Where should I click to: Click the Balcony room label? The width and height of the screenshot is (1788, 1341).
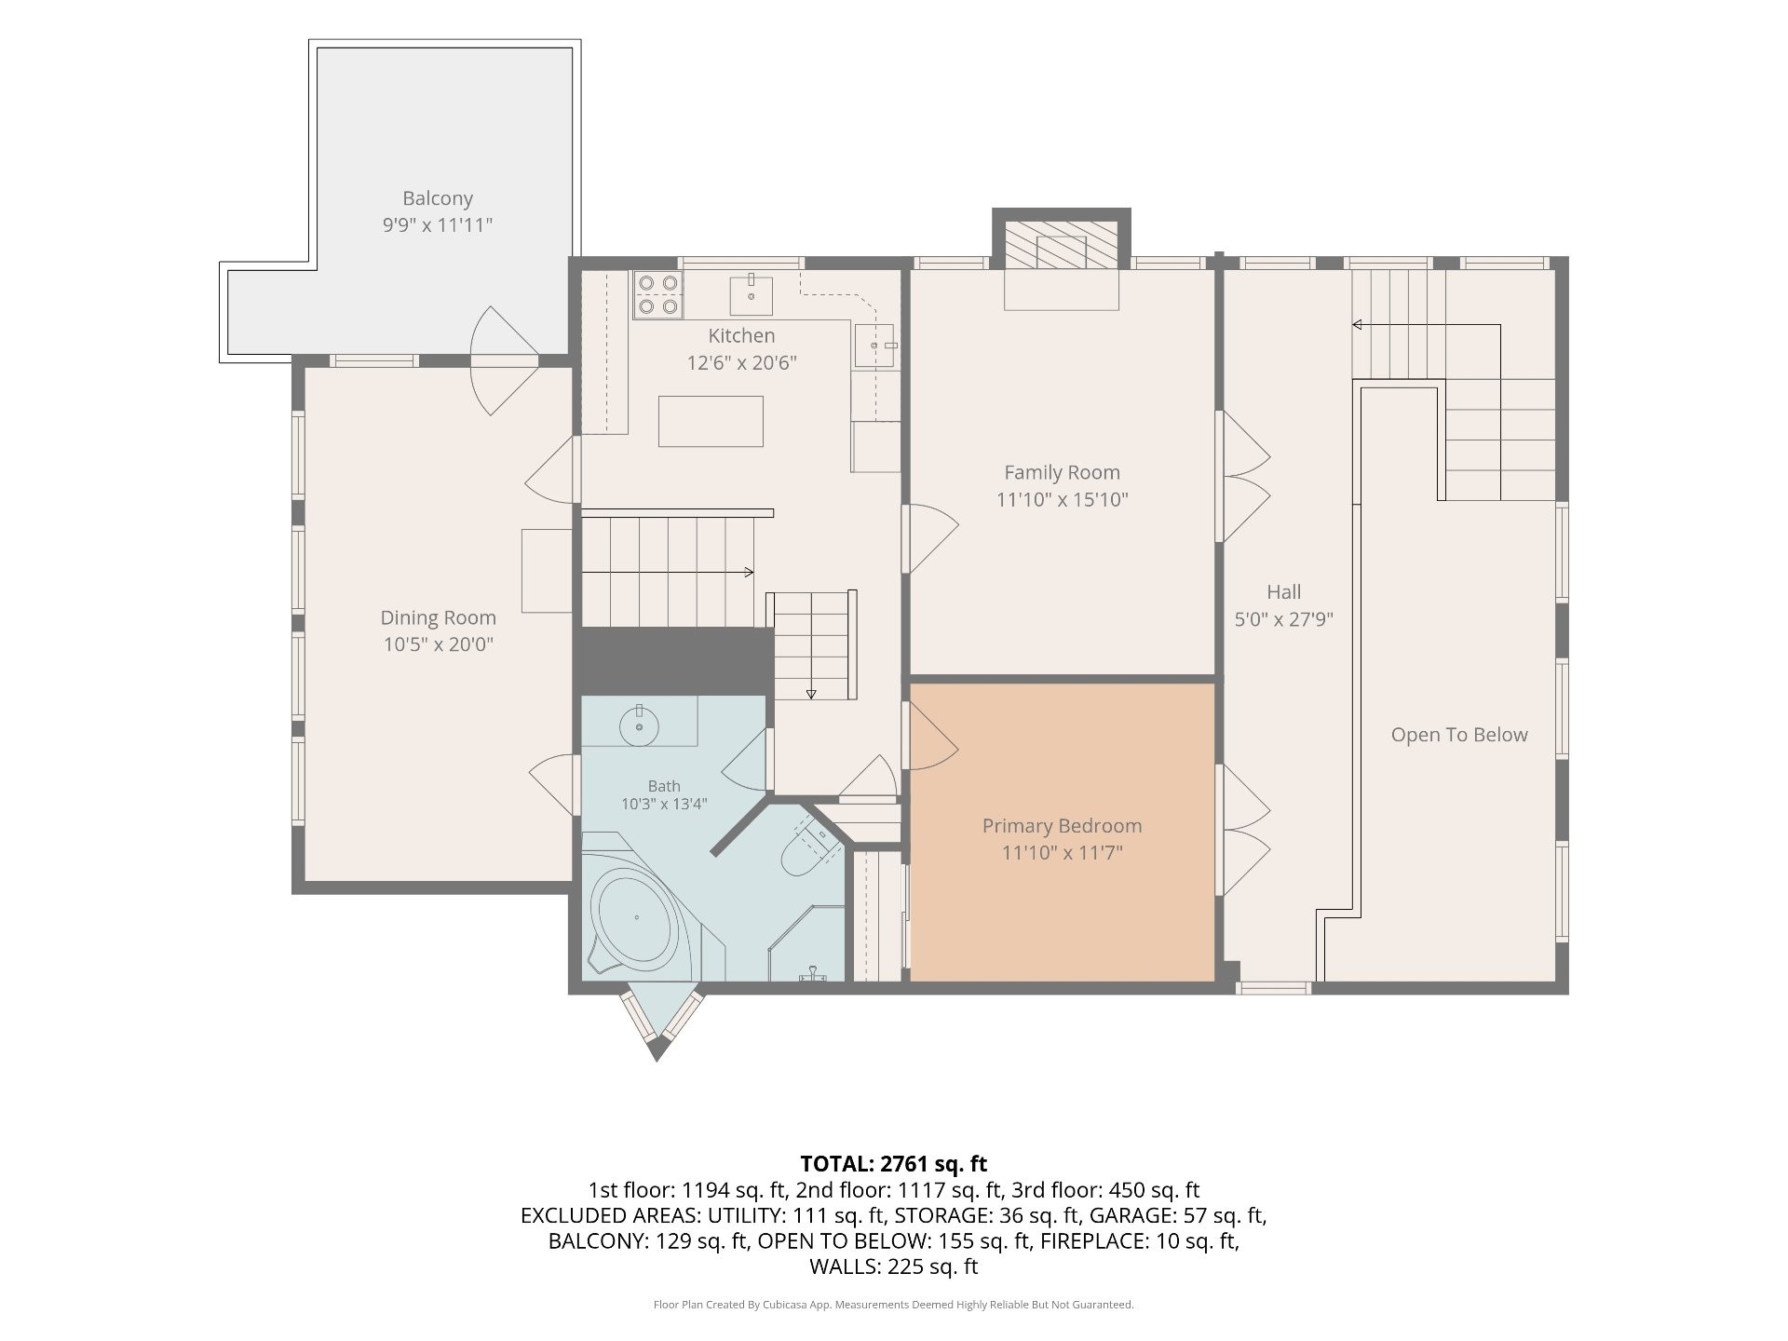coord(438,198)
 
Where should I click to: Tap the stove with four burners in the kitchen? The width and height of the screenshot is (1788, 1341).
coord(657,294)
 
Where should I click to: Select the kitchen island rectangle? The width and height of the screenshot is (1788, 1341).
coord(711,421)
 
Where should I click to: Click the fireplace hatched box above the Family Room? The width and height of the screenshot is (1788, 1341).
coord(1062,244)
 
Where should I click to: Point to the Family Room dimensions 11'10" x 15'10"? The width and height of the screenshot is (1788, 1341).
coord(1062,499)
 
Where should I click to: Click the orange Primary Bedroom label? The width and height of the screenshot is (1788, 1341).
coord(1062,826)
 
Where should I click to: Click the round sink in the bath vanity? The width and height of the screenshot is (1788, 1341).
coord(640,726)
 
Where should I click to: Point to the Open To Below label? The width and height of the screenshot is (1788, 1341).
coord(1459,735)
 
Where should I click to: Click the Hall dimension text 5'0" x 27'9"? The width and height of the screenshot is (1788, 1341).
coord(1284,618)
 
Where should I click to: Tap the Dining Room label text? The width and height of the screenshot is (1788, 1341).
coord(438,617)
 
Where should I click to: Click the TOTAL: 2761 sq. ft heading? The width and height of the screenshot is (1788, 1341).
coord(894,1163)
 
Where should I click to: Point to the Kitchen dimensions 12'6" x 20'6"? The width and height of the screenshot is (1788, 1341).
coord(741,362)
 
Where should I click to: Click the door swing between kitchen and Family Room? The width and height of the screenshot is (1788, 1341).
coord(930,538)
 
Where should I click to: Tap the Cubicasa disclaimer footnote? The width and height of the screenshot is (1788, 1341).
coord(894,1305)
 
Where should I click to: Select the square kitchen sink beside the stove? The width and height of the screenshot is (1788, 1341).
coord(751,295)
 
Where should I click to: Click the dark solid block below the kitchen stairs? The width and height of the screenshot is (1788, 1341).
coord(676,660)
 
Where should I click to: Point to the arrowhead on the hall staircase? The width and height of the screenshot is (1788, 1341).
coord(1358,325)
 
